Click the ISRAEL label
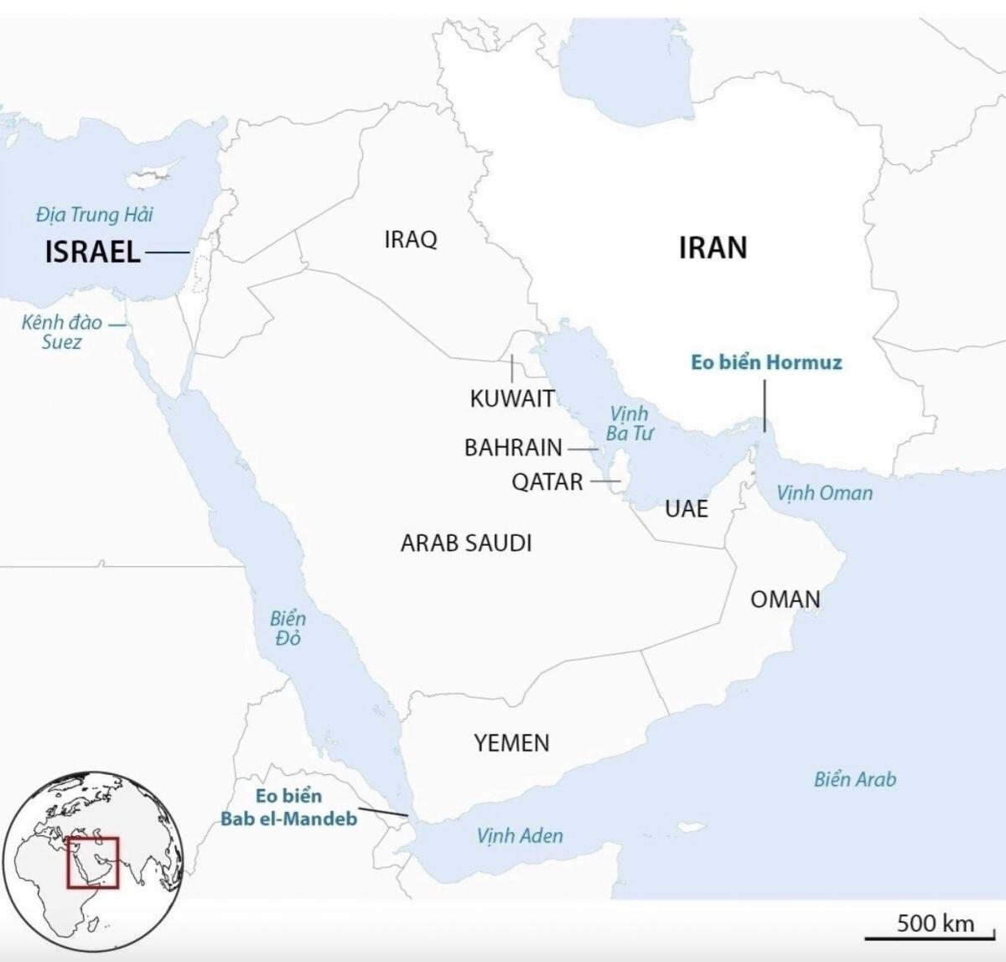coord(93,252)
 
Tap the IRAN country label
coord(712,247)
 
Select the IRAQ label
coord(411,240)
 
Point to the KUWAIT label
coord(512,398)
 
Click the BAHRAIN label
coord(513,448)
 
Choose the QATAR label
coord(547,482)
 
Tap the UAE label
coord(687,508)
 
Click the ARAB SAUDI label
coord(466,543)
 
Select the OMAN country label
coord(785,599)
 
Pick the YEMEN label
coord(511,742)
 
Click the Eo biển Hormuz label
coord(766,362)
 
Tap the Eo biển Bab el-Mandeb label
coord(289,807)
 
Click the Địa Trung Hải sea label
coord(94,215)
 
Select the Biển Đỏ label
coord(288,628)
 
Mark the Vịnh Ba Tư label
coord(629,423)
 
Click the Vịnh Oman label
coord(824,492)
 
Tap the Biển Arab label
coord(854,779)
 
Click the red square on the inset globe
coord(93,861)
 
